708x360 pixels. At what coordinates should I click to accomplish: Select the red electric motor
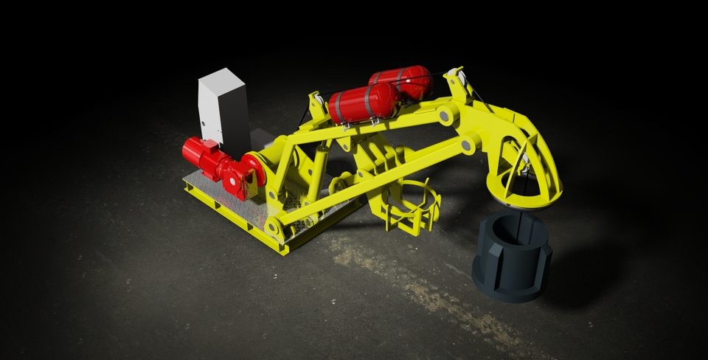(x=202, y=155)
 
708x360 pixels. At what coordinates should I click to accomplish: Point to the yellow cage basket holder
(x=409, y=206)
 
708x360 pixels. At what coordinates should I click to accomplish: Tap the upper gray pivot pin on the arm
(x=446, y=114)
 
